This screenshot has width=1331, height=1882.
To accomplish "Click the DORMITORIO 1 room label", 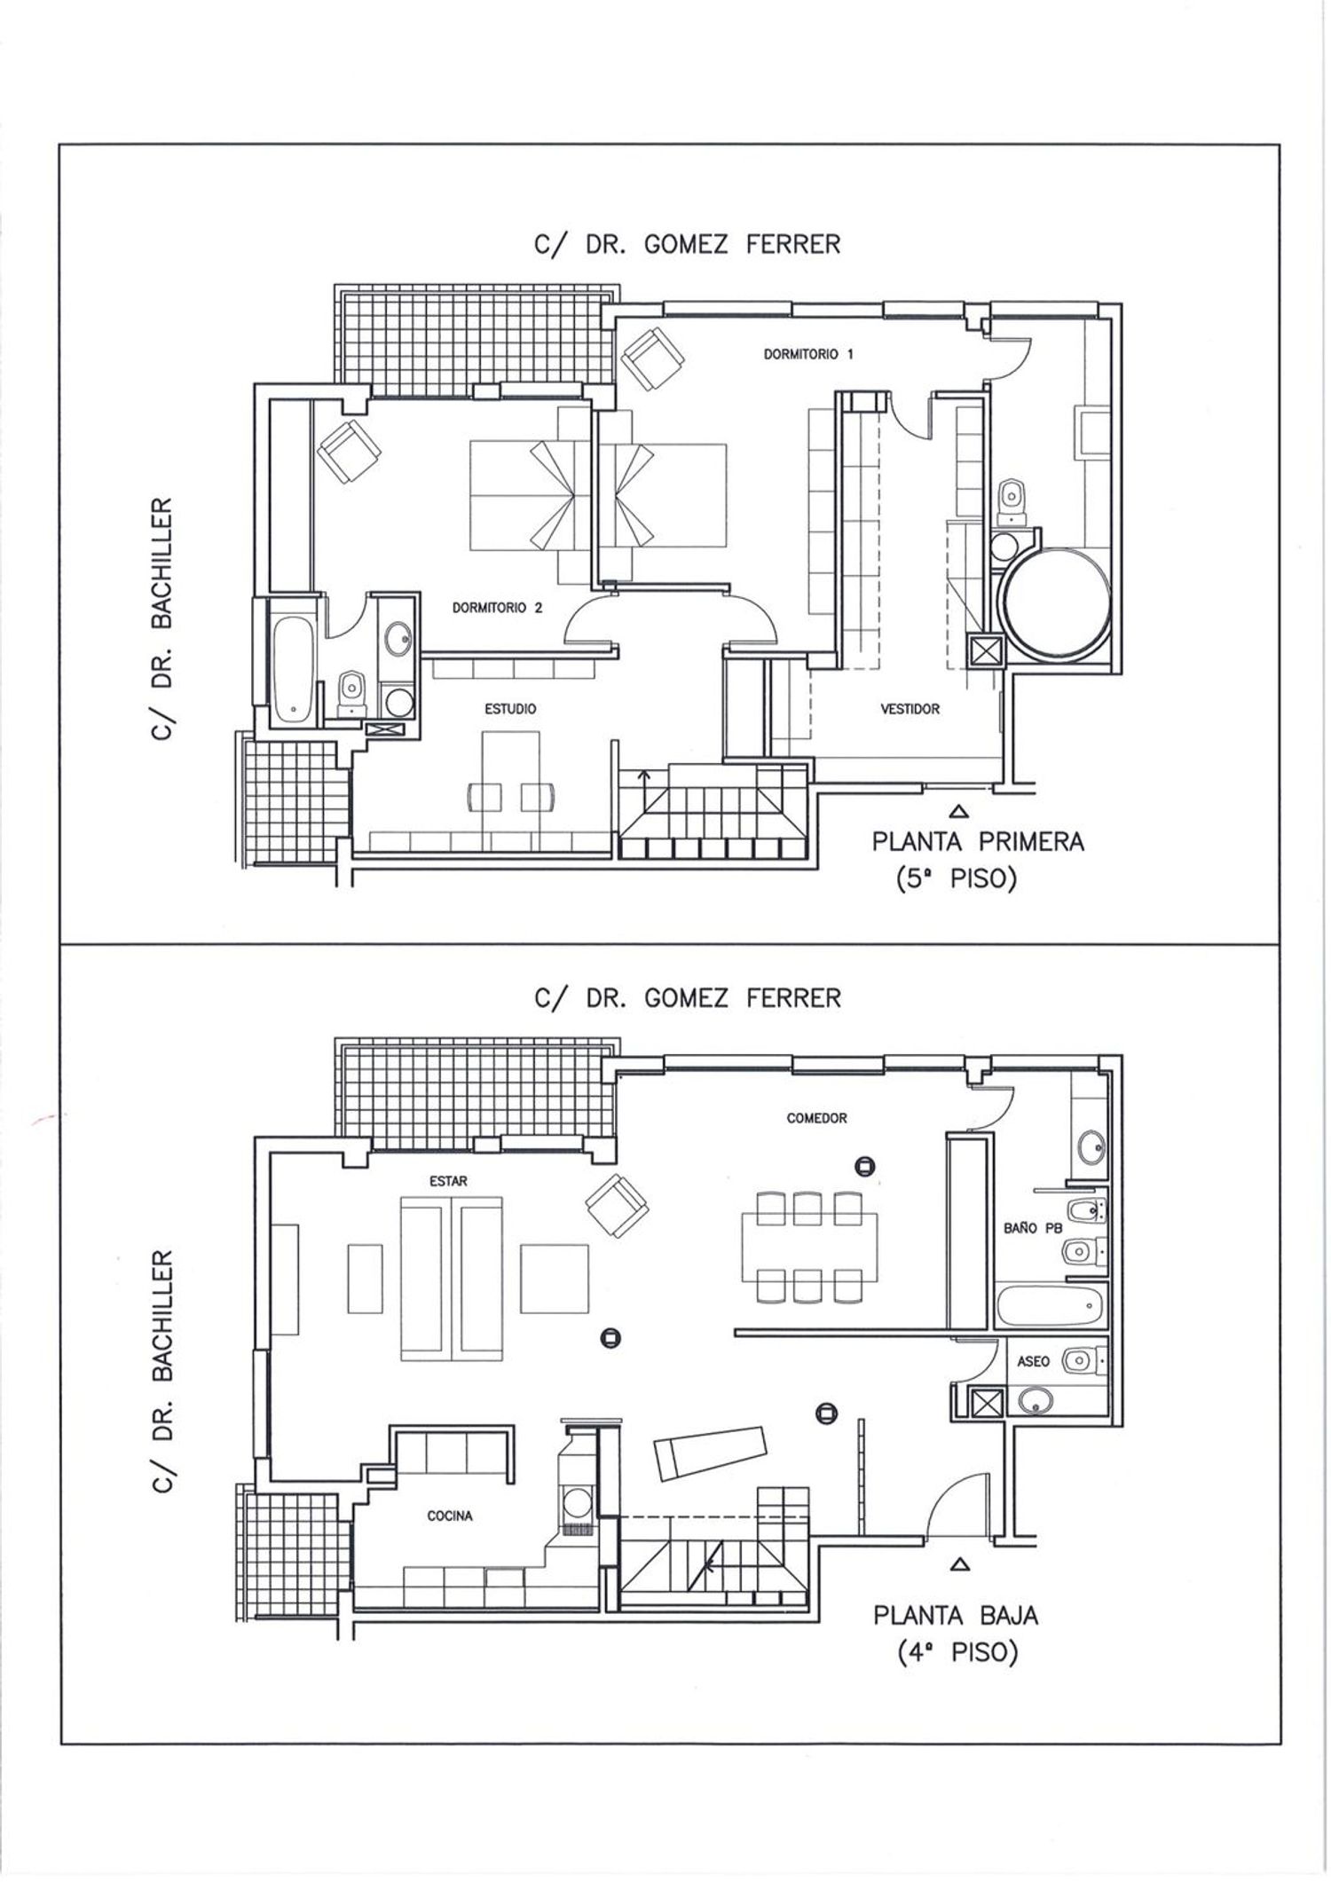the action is (808, 354).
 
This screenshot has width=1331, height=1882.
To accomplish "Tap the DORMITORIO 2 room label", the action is (497, 608).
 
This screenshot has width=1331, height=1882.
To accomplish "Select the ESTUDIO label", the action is (509, 709).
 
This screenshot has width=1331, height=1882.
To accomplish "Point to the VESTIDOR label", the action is (910, 709).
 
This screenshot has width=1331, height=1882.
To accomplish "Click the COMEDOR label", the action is (816, 1118).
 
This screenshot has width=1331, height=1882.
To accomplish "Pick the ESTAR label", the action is (447, 1181).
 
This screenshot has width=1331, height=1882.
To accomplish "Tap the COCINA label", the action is (450, 1516).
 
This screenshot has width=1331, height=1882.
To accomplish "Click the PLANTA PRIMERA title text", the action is (978, 841).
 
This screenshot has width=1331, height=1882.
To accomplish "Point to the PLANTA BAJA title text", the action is (956, 1614).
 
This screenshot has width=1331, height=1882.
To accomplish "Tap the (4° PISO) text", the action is (957, 1653).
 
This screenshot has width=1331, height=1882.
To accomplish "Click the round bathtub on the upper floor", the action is (1053, 602).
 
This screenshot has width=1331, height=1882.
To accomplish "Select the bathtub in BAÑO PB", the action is (1050, 1305).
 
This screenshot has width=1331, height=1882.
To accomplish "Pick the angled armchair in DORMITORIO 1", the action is (654, 359).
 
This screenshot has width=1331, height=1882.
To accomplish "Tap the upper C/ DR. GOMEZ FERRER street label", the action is (687, 244).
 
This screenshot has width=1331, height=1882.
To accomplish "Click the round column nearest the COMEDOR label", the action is (865, 1166).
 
